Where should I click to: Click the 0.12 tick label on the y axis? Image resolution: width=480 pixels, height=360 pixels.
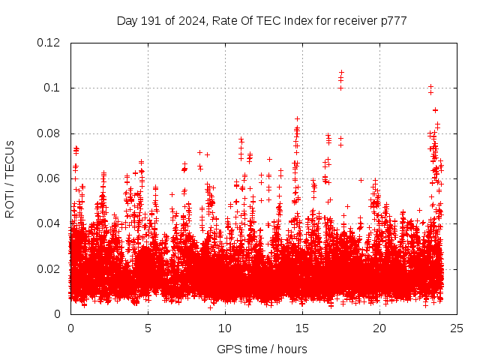coord(49,43)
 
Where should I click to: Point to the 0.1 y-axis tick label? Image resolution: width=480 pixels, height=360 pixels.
coord(54,88)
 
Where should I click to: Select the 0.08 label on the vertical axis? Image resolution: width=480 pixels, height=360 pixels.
coord(49,133)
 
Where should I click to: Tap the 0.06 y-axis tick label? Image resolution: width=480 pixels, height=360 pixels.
coord(49,178)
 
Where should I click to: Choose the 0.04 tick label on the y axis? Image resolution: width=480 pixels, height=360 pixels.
coord(49,223)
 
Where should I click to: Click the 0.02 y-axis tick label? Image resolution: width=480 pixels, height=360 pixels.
coord(49,269)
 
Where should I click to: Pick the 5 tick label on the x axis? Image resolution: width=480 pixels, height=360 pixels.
coord(148,328)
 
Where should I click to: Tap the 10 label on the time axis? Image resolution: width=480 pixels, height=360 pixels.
coord(225,328)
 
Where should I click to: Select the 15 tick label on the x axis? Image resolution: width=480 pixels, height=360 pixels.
coord(302,328)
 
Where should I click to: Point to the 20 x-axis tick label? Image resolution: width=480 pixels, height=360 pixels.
coord(379,328)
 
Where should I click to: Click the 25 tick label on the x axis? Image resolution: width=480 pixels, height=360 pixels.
coord(457,328)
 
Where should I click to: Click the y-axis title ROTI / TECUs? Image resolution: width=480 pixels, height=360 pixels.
coord(10,178)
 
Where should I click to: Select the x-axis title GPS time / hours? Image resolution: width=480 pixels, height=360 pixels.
coord(262,349)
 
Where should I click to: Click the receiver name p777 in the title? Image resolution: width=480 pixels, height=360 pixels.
coord(394,21)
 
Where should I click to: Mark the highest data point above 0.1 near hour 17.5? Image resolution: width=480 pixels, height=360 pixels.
coord(341,73)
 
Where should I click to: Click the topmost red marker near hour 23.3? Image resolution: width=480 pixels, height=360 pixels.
coord(430,86)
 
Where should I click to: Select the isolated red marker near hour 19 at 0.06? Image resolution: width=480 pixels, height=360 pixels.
coord(361,180)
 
